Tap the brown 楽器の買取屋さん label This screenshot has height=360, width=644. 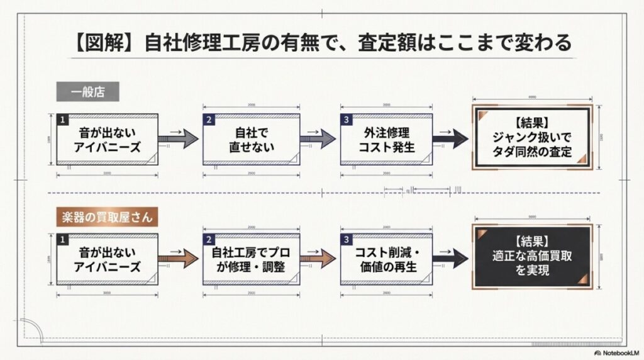coord(106,217)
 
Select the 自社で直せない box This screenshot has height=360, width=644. coord(250,140)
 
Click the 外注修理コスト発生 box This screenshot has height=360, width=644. coord(386,140)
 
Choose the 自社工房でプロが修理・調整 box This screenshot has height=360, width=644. coord(250,259)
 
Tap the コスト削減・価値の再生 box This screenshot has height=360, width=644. coord(386,259)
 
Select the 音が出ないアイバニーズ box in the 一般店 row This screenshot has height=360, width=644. coord(108,140)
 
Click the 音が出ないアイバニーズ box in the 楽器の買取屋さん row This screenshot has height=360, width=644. coord(108,259)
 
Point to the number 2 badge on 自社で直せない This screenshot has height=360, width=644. coord(208,119)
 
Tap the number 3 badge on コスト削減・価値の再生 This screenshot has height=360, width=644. coord(346,239)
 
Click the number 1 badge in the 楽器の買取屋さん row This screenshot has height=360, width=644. coord(62,239)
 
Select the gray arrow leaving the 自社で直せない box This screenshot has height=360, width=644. coord(319,139)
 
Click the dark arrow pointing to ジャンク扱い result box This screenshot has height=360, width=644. coord(450,139)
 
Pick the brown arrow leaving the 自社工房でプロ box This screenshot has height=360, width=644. coord(319,258)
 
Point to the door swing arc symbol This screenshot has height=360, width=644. coord(30,332)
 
